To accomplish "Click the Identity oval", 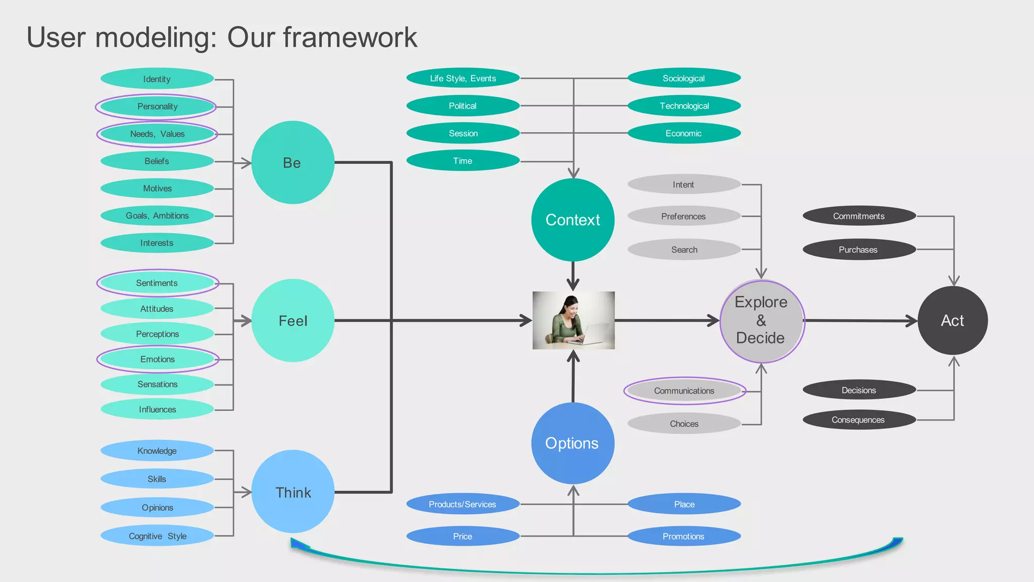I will tap(157, 79).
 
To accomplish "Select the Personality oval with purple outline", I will tap(157, 107).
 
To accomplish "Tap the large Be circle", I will tap(292, 163).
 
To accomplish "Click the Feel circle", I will tap(292, 321).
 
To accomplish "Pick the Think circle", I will tap(292, 492).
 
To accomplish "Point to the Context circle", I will tap(573, 220).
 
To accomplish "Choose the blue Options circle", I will tap(573, 443).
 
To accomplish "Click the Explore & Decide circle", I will tap(761, 321).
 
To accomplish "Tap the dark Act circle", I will tap(952, 320).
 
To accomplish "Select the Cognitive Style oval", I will tap(157, 536).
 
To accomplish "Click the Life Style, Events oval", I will tap(462, 78).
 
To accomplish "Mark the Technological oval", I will tap(684, 106).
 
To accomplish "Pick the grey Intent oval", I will tap(684, 185).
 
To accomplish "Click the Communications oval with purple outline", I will tap(684, 391).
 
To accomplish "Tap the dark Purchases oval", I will tap(858, 250).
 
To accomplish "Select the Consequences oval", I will tap(858, 420).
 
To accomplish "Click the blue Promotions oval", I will tap(684, 536).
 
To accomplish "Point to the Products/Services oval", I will tap(462, 504).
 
